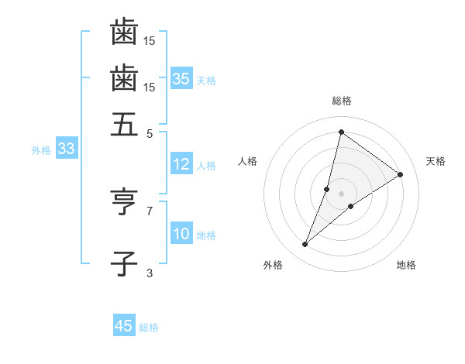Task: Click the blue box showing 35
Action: pyautogui.click(x=181, y=79)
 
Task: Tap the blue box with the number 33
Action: pyautogui.click(x=65, y=149)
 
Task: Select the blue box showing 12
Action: pyautogui.click(x=181, y=164)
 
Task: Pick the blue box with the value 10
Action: pyautogui.click(x=181, y=235)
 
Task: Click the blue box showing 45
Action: pyautogui.click(x=124, y=326)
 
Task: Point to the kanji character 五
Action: pyautogui.click(x=124, y=125)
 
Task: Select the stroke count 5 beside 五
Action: pyautogui.click(x=150, y=132)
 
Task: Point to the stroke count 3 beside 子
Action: pyautogui.click(x=150, y=273)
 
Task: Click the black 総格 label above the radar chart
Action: pyautogui.click(x=341, y=101)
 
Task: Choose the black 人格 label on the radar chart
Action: pyautogui.click(x=248, y=161)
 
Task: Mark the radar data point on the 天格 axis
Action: pyautogui.click(x=401, y=174)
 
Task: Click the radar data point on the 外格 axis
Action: pyautogui.click(x=305, y=245)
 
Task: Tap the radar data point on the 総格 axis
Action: pyautogui.click(x=341, y=132)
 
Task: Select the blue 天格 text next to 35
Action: pyautogui.click(x=206, y=80)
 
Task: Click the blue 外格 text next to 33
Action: pyautogui.click(x=40, y=150)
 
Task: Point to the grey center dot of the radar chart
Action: pyautogui.click(x=341, y=194)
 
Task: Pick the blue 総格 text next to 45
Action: pyautogui.click(x=149, y=327)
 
